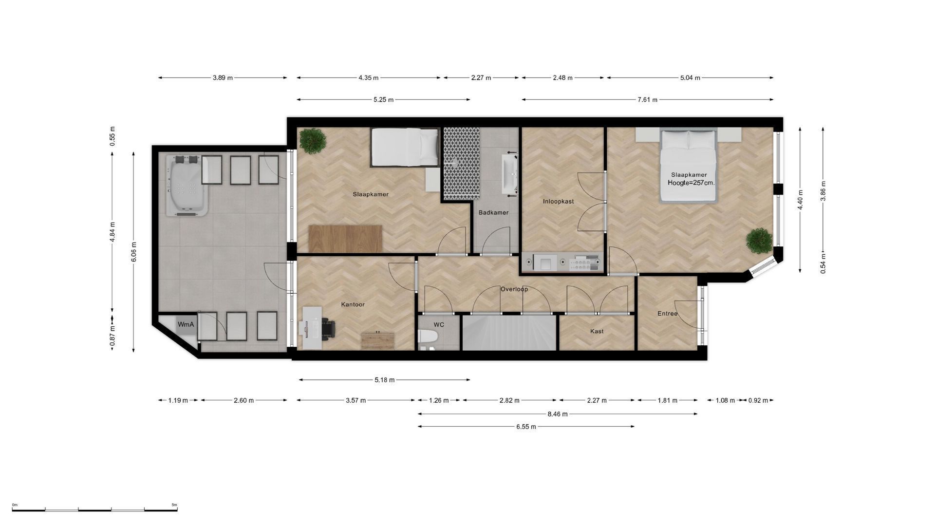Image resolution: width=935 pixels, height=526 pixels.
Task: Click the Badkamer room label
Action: point(493,212)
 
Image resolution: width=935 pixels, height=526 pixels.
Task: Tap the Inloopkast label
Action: point(558,201)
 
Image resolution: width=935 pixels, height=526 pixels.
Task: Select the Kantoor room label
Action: point(353,304)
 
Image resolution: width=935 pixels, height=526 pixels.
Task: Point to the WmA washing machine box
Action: point(186,324)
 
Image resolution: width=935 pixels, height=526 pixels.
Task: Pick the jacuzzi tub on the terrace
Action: point(187,186)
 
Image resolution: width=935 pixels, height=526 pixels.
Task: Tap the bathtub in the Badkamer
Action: point(509,174)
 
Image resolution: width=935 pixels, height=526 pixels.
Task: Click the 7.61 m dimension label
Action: point(648,100)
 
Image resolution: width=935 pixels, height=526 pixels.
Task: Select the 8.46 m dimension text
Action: point(558,414)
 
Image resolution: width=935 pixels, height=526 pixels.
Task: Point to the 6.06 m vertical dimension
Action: point(134,252)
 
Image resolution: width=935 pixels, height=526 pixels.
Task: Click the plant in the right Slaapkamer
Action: point(759,241)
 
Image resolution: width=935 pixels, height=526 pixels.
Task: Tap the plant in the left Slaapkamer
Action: point(313,140)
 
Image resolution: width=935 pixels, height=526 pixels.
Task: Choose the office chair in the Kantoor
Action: point(326,328)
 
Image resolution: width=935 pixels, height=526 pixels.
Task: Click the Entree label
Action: point(667,314)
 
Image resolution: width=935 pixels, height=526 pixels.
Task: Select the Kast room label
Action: point(597,331)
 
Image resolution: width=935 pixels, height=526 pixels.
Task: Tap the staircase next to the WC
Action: point(509,333)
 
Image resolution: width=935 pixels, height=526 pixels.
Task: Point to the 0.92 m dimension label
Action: point(758,400)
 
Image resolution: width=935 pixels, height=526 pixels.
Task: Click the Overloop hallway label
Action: point(514,289)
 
